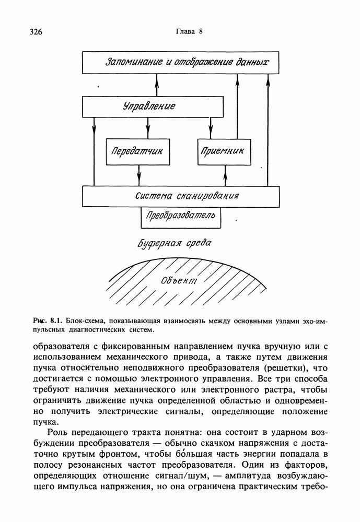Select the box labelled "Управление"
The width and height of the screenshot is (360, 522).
[149, 106]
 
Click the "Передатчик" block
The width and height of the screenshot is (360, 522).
[138, 151]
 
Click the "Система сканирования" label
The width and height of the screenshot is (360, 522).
[187, 196]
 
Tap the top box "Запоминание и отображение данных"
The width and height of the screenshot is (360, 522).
[188, 63]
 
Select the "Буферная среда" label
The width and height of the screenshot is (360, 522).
[174, 244]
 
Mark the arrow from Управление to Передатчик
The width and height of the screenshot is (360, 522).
[148, 128]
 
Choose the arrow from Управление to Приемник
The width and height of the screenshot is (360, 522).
[211, 128]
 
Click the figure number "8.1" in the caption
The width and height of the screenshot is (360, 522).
[56, 319]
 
